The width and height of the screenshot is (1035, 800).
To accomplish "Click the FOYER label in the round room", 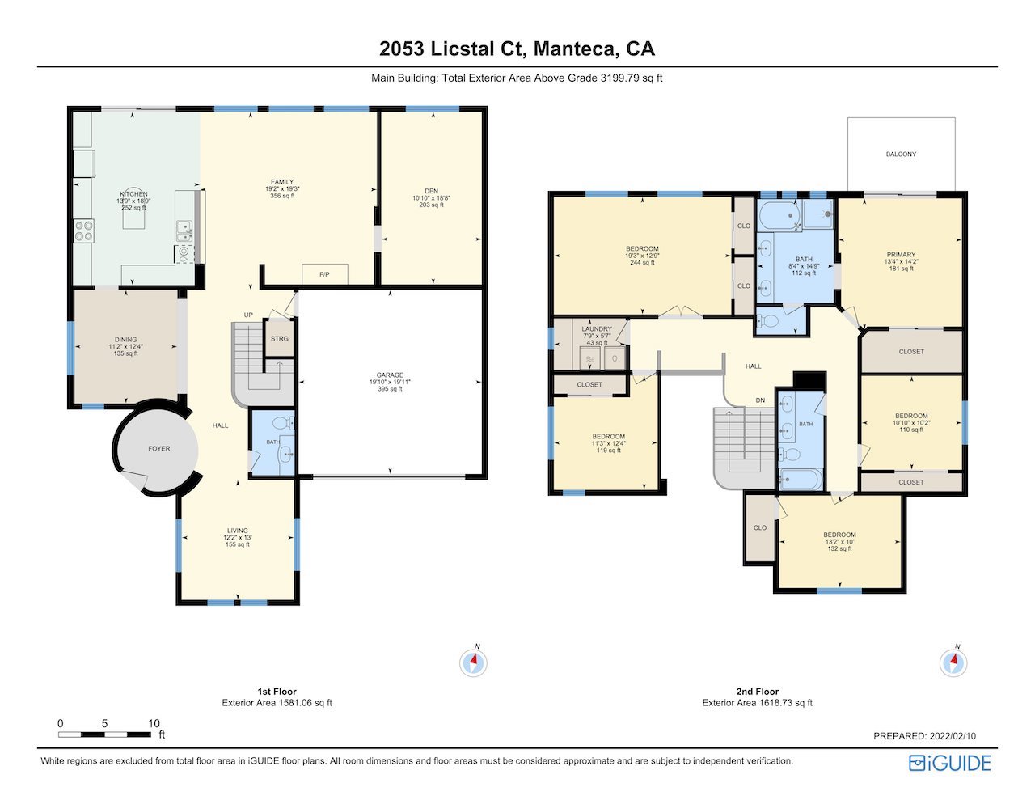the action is coord(158,448).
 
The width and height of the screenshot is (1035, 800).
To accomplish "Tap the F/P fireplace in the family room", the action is coord(325,274).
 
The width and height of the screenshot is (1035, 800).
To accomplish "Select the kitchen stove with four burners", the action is coord(84,231).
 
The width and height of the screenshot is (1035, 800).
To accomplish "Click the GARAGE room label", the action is coord(390,375).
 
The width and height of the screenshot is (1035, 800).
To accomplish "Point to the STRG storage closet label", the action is coord(280,339).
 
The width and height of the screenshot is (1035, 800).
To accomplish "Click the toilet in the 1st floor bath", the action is coord(284,422).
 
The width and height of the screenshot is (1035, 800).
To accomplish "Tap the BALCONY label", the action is coord(901,154).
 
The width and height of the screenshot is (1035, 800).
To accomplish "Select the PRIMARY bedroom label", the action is coord(901,255).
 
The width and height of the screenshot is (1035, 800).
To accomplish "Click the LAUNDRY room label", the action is coord(596,328).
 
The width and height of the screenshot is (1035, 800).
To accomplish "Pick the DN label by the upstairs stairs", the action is coord(760,400).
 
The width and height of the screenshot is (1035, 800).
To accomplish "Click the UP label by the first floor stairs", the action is coord(248,315).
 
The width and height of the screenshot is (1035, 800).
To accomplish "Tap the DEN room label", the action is coord(431,191).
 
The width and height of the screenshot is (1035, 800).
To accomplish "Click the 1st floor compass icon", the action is coord(473,662).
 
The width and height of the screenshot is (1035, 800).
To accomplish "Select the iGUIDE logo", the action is coord(950,763).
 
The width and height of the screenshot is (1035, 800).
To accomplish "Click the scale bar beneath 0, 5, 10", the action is coord(104,734).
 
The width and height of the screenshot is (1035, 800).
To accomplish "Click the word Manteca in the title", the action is coord(574,49).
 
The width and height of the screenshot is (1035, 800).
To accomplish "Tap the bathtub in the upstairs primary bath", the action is coord(779,216).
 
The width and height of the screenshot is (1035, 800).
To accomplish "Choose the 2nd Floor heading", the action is coord(758,692).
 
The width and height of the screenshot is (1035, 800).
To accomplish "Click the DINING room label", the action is coord(126,340).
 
